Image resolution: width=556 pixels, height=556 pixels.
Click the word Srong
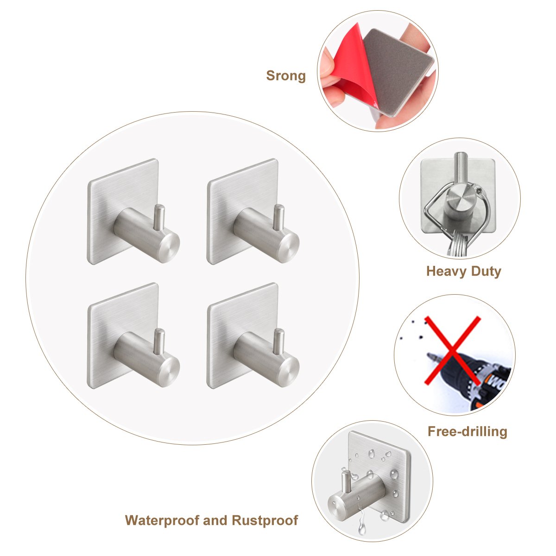286,76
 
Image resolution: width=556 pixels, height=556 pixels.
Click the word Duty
486,271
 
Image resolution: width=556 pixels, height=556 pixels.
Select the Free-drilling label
467,432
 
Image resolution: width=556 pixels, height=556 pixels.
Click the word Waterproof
162,520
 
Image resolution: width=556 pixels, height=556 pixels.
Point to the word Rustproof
265,520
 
